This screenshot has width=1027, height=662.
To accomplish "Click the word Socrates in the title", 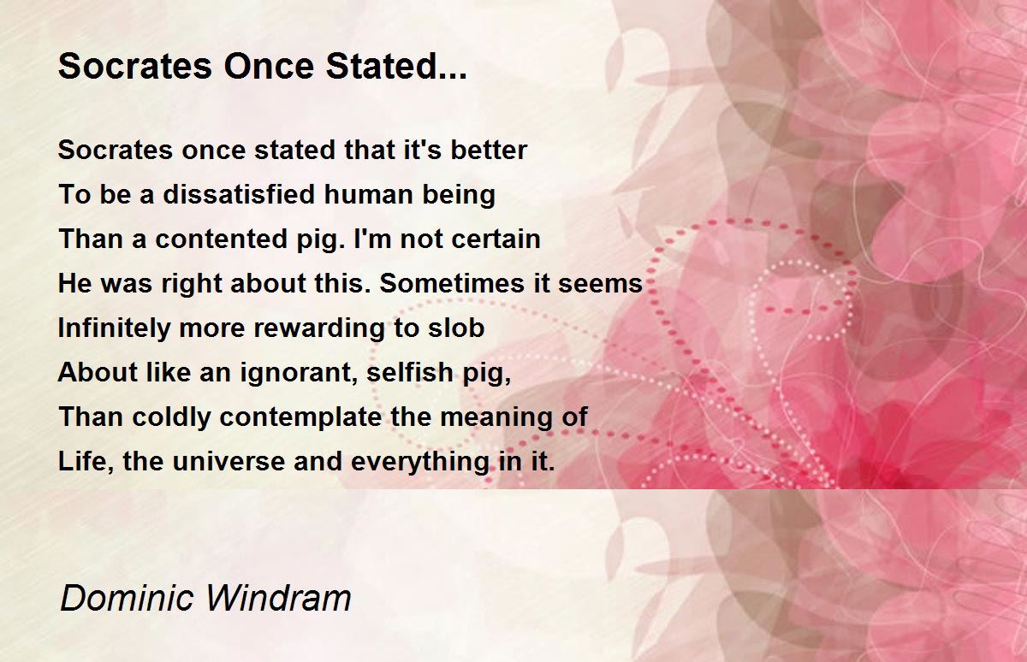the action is click(135, 66).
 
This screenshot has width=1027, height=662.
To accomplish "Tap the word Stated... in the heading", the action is click(396, 66).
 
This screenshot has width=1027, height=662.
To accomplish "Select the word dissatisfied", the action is click(239, 194).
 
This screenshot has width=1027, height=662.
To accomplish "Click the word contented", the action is click(220, 239).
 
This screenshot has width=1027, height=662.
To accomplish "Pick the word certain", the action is click(496, 239).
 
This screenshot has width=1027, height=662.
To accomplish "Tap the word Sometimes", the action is click(452, 283).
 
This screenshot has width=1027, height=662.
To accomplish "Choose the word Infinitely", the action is click(114, 328).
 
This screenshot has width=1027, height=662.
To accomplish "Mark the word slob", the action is click(456, 328).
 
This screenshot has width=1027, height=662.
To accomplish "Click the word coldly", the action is click(171, 417).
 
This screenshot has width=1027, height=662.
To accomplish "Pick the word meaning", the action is click(496, 417).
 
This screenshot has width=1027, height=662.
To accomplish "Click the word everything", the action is click(420, 462).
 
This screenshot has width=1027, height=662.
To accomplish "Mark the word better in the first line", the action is click(489, 150).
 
